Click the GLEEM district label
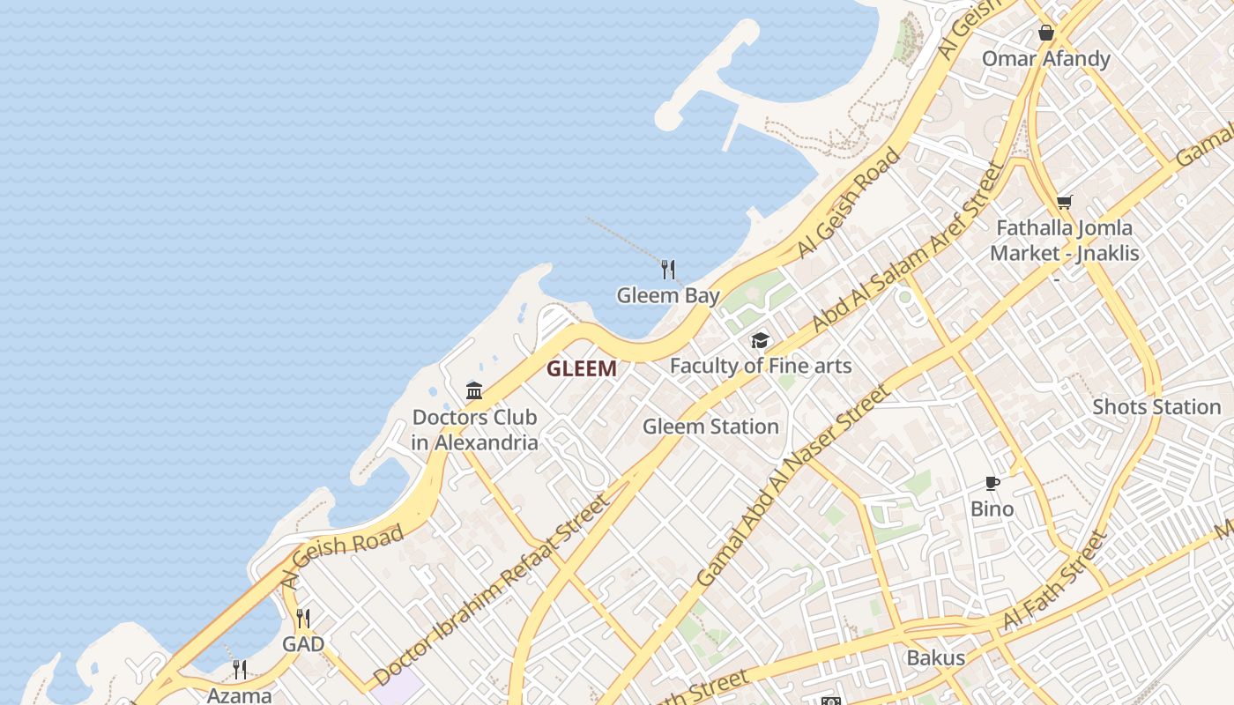click(581, 368)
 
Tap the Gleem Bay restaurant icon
click(668, 269)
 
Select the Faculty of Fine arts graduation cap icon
click(760, 340)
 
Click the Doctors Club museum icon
click(474, 390)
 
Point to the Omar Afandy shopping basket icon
click(1046, 33)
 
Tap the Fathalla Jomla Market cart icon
click(1065, 202)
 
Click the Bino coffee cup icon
click(992, 483)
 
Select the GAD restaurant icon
click(303, 618)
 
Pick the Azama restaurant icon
click(240, 670)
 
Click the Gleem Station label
click(710, 427)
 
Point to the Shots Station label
click(1156, 407)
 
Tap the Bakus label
click(936, 657)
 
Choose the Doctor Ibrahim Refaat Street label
click(491, 590)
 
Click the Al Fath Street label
click(1054, 582)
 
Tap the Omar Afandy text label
click(1046, 59)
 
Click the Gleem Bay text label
click(668, 295)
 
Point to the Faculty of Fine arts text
click(761, 365)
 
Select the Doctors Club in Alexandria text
click(474, 430)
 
